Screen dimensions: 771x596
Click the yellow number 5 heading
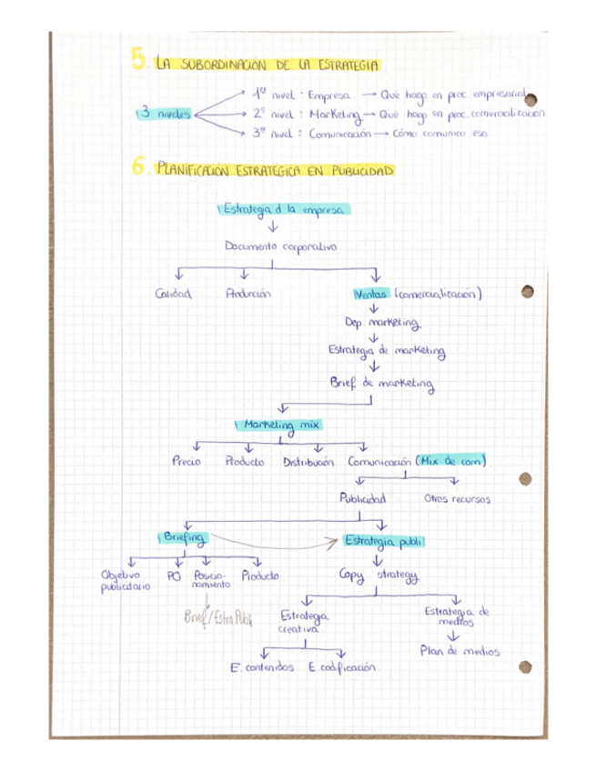139,61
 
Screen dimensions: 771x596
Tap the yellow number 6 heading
139,166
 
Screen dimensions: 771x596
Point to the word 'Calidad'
174,294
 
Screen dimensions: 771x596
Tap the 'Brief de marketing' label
381,384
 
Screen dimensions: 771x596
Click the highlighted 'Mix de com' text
450,461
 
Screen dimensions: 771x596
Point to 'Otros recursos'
457,499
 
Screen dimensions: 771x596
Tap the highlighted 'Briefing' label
183,537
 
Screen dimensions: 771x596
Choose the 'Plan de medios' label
460,652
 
